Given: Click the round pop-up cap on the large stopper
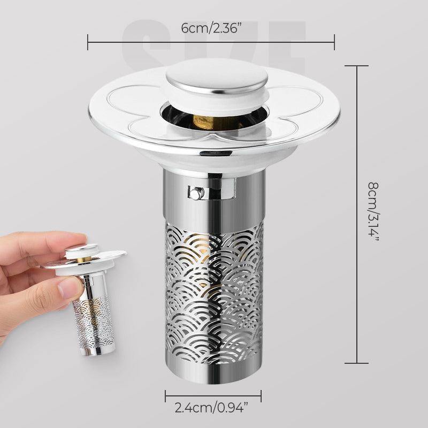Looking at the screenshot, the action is point(217,77).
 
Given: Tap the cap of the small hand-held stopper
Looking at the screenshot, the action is point(81,249).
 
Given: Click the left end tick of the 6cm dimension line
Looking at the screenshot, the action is point(88,42).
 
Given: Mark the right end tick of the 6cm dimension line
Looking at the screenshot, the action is point(334,42).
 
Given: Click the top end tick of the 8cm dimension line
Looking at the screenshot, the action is point(356,66).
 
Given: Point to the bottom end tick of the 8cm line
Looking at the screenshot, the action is point(356,363).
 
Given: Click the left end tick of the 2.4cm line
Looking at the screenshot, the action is point(165,396).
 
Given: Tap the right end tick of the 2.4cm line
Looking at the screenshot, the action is point(261,396).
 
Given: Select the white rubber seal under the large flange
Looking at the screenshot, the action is point(215,159).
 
